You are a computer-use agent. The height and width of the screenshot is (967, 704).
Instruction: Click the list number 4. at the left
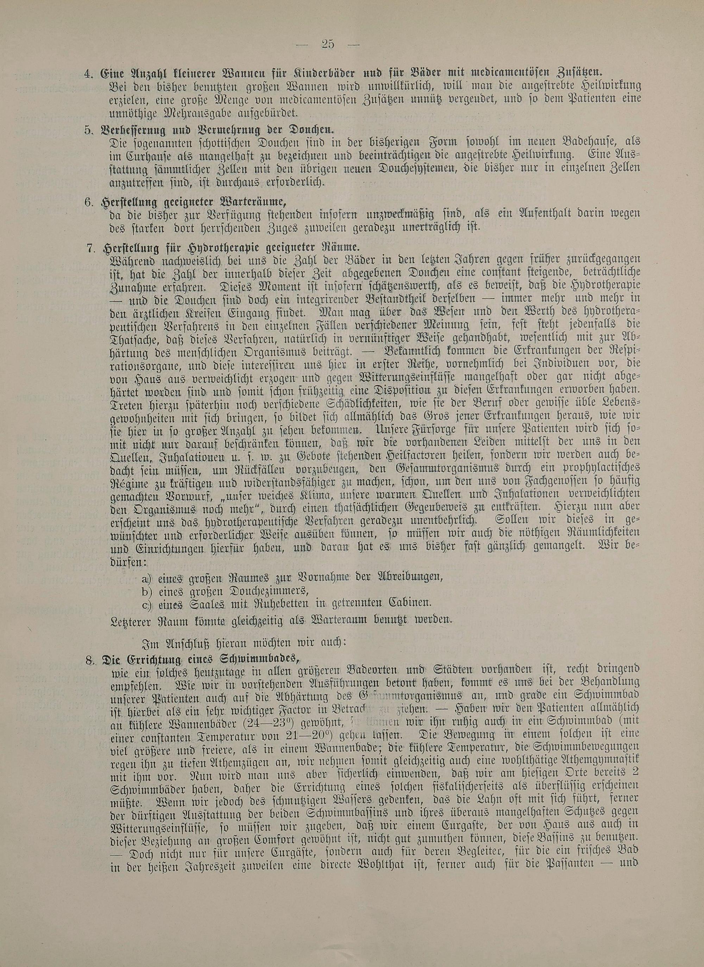point(89,73)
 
